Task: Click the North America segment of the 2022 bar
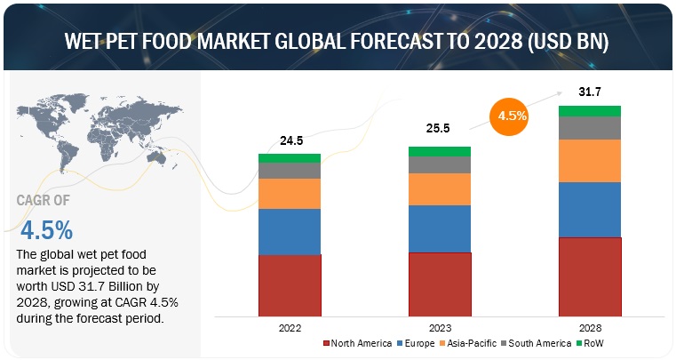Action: [290, 284]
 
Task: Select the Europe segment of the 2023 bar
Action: [440, 228]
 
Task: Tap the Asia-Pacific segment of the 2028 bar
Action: [590, 161]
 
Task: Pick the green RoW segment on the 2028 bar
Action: [590, 111]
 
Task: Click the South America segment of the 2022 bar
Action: [290, 170]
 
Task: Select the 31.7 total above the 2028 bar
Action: [588, 92]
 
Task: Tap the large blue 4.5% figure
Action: [46, 230]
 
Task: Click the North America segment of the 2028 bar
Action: [590, 276]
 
